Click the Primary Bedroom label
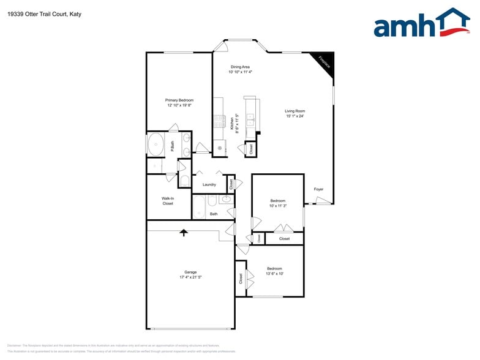pyautogui.click(x=179, y=100)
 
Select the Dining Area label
pyautogui.click(x=240, y=67)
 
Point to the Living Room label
pyautogui.click(x=294, y=111)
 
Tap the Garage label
pyautogui.click(x=190, y=272)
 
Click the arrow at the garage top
pyautogui.click(x=183, y=232)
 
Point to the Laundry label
pyautogui.click(x=209, y=184)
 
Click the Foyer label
pyautogui.click(x=318, y=189)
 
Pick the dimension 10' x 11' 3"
pyautogui.click(x=278, y=206)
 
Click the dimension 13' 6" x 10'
pyautogui.click(x=274, y=274)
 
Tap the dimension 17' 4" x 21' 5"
pyautogui.click(x=190, y=277)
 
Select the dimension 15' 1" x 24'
pyautogui.click(x=294, y=116)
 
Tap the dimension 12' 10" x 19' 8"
pyautogui.click(x=179, y=105)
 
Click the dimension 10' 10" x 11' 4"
pyautogui.click(x=240, y=72)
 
